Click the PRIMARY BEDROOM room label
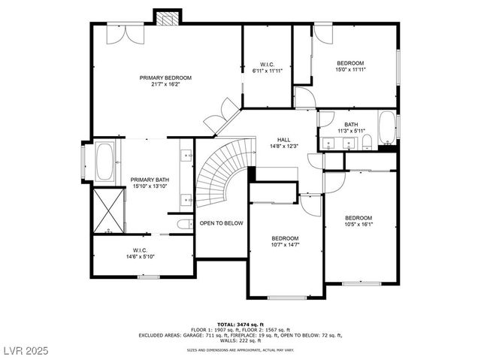[165, 77]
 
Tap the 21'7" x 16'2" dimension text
[165, 84]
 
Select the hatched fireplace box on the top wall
[167, 17]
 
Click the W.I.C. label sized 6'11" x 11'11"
[267, 64]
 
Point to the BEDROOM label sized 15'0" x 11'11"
[349, 63]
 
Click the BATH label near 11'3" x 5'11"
[351, 125]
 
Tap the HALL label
[283, 139]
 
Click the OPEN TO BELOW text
[221, 223]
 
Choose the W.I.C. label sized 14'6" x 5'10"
[140, 250]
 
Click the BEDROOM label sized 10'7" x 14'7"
[285, 238]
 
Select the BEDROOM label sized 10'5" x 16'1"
[358, 218]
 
